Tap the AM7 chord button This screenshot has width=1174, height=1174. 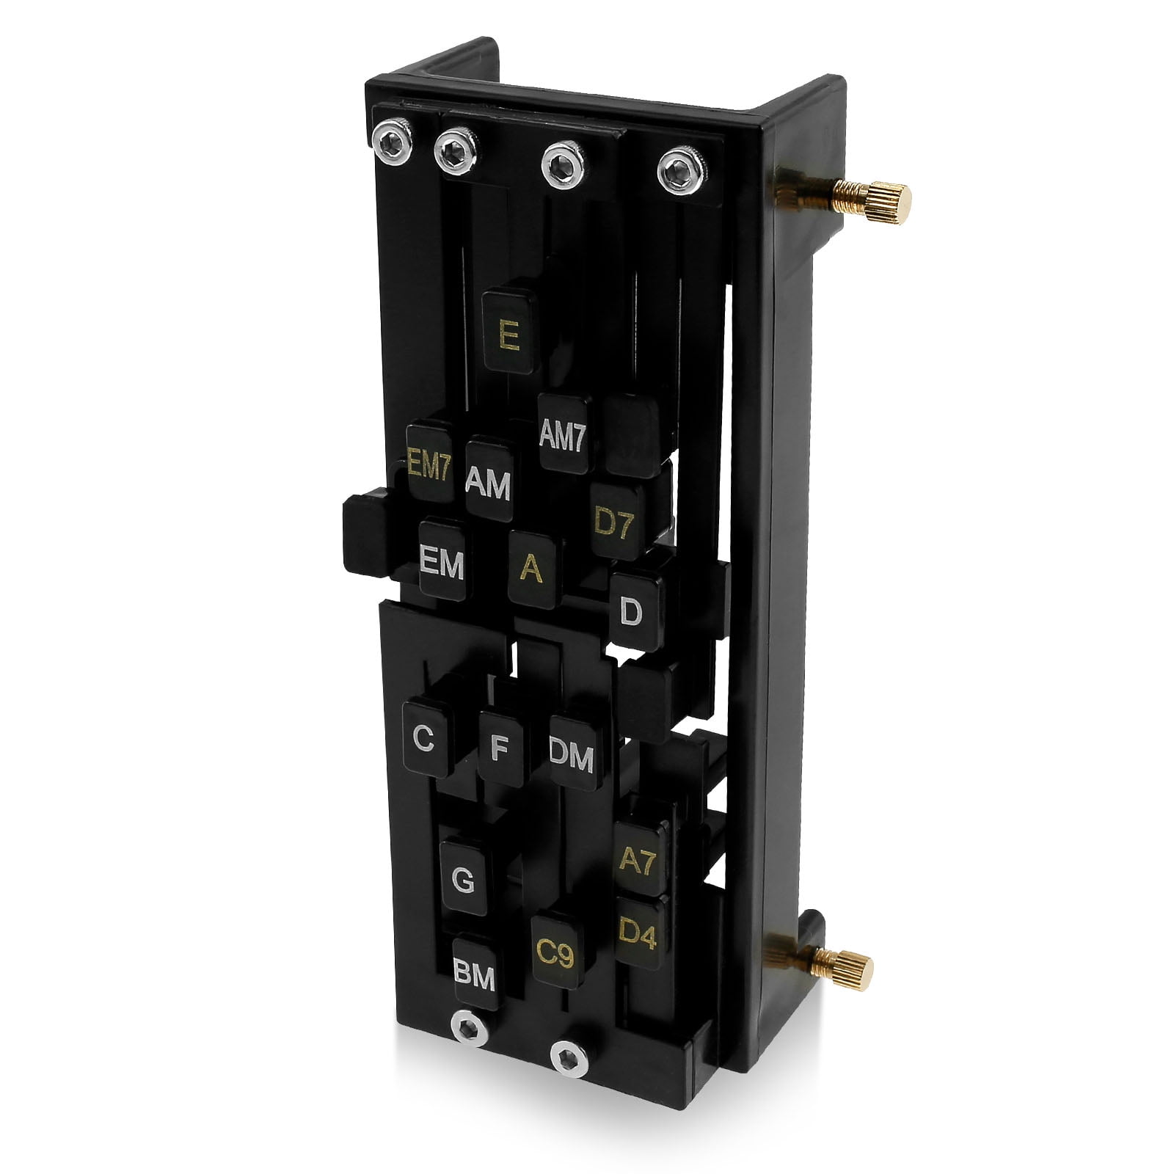[x=564, y=434]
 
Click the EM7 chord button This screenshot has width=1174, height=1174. [x=430, y=462]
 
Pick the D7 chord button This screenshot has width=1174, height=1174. [x=616, y=521]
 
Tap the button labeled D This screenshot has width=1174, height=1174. [x=634, y=610]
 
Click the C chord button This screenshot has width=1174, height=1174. [x=426, y=738]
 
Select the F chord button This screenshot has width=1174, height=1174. [x=500, y=748]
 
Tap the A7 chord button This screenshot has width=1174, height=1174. [x=638, y=858]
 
